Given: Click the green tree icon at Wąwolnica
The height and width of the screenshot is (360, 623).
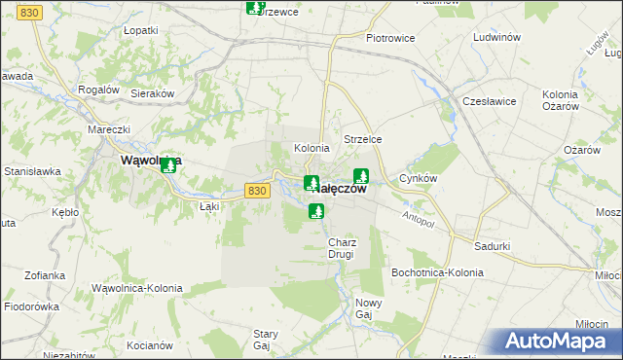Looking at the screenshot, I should pyautogui.click(x=168, y=164).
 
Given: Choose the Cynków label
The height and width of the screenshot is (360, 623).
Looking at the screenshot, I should pyautogui.click(x=419, y=179).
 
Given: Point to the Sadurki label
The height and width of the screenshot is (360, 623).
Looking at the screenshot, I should pyautogui.click(x=493, y=246).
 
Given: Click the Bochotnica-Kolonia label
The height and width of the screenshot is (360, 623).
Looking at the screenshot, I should pyautogui.click(x=437, y=272).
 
